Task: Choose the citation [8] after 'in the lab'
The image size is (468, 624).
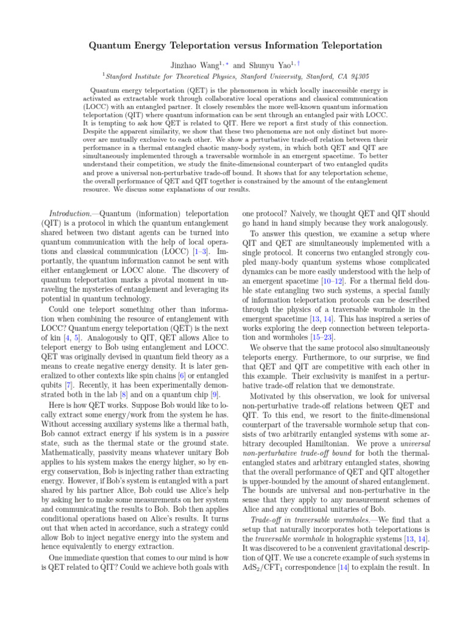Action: pos(126,383)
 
